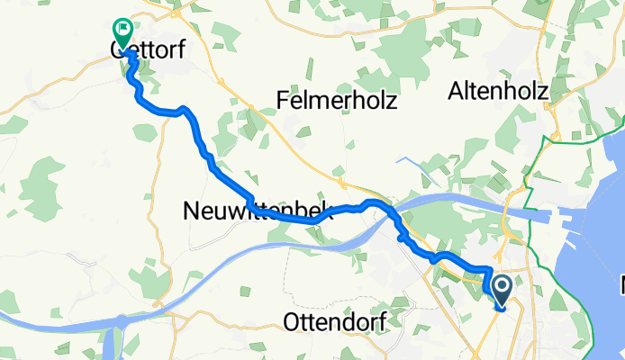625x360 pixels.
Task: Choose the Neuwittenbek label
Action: pyautogui.click(x=257, y=212)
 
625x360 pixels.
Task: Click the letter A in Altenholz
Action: pyautogui.click(x=457, y=93)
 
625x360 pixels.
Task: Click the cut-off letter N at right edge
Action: pyautogui.click(x=620, y=288)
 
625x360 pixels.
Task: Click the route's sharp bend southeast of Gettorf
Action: pyautogui.click(x=184, y=110)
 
